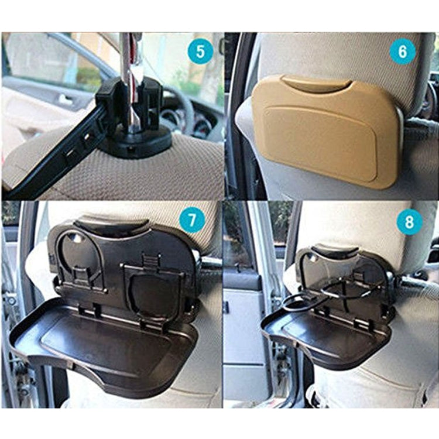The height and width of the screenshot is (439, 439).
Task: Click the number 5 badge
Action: (201, 52)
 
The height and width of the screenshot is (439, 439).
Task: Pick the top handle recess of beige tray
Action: (319, 85)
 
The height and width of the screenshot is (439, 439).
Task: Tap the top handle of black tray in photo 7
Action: (111, 225)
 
